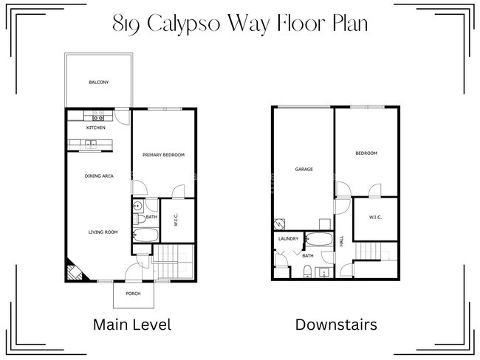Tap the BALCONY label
coord(99,82)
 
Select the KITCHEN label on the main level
coord(96,128)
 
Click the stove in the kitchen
coord(97,116)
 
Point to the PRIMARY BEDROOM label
coord(163,155)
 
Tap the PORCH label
coord(133,293)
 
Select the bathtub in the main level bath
coord(145,236)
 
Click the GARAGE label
coord(304,169)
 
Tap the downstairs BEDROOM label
coord(366,153)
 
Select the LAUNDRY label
coord(288,239)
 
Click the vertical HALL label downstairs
coord(341,240)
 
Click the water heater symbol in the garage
coord(280,224)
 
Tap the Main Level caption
coord(131,325)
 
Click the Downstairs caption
coord(336,325)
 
